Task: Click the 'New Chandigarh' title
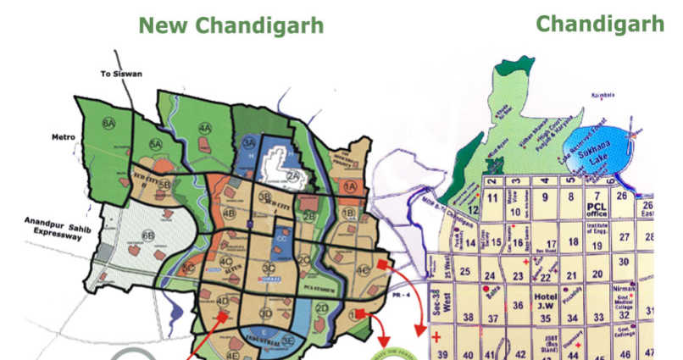point(231,25)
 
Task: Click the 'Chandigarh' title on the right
point(599,23)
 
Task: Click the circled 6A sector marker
point(108,124)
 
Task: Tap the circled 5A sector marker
point(155,144)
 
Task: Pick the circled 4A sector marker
point(204,129)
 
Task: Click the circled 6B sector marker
point(148,235)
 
